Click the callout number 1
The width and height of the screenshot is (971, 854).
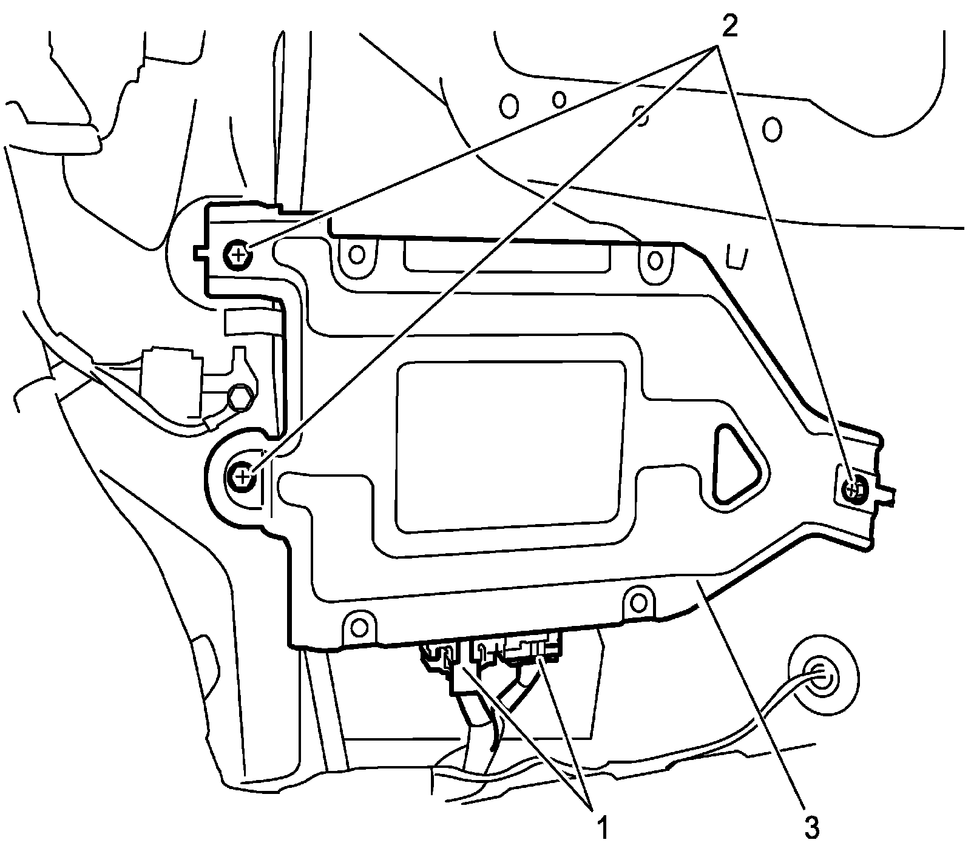601,827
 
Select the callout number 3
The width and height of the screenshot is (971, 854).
811,827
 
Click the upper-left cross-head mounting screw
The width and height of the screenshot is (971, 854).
239,255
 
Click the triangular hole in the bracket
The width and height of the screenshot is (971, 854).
736,463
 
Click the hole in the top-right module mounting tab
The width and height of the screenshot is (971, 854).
655,260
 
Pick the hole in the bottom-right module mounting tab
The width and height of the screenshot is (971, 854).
638,602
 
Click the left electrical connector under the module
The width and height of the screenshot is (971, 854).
441,658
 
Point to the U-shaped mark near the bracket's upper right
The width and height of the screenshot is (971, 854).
738,257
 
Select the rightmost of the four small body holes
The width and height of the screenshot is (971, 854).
771,129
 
